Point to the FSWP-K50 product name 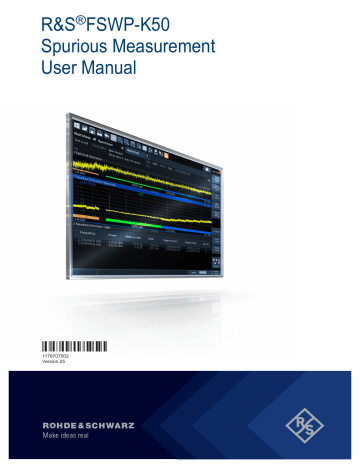tap(127, 23)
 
